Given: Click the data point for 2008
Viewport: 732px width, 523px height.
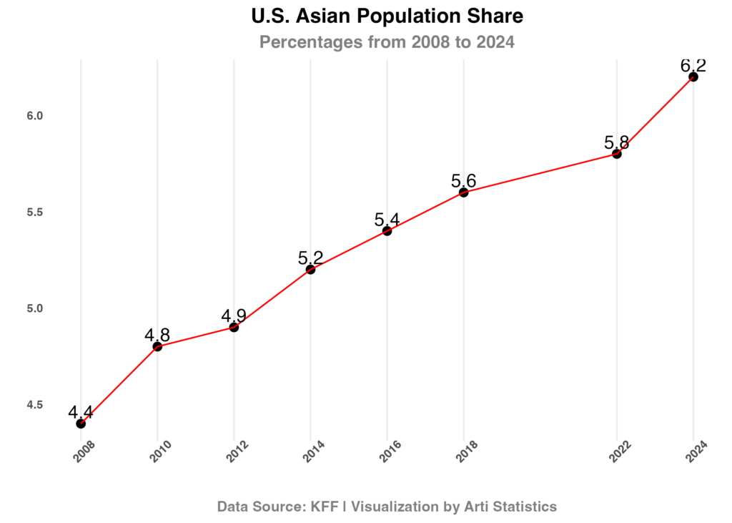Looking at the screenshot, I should [x=81, y=423].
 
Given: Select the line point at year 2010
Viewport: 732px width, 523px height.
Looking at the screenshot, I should [x=157, y=346].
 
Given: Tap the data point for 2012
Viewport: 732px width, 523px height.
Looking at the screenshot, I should [x=234, y=327].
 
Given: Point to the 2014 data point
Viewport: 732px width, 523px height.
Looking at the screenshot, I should [x=310, y=269].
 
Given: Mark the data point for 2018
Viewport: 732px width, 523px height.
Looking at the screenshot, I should [x=464, y=192].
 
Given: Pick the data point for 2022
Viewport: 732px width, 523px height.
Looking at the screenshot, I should [x=617, y=153].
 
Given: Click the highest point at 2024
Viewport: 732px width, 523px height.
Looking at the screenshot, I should [x=693, y=76].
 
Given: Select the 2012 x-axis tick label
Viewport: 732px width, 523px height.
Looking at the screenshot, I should [x=238, y=452].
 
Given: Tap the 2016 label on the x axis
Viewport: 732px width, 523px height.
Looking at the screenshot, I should [x=391, y=452].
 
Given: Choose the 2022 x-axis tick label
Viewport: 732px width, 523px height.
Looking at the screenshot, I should [x=620, y=452].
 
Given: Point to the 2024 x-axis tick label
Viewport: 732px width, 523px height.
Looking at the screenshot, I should [x=697, y=452].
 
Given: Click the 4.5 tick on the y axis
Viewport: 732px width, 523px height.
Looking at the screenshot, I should [x=35, y=404].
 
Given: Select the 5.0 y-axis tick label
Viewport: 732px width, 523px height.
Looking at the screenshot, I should [x=35, y=308].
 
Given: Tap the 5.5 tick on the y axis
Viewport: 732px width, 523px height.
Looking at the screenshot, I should [x=35, y=212].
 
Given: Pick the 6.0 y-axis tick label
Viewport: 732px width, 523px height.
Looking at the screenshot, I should [x=35, y=116].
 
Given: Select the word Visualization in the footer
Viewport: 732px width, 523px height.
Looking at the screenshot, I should [x=394, y=507].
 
